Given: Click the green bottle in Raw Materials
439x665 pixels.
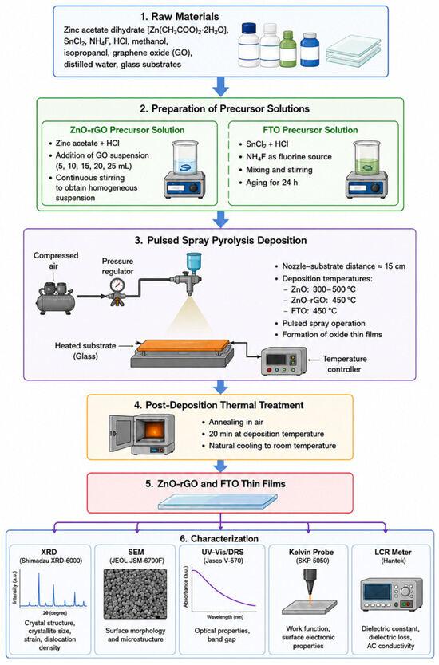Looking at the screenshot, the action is click(x=288, y=49).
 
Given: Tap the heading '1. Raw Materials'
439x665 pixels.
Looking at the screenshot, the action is click(x=180, y=17).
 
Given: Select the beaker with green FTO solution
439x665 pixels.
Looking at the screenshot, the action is click(x=366, y=158).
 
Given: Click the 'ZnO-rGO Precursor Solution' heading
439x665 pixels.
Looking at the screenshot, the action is click(x=128, y=130).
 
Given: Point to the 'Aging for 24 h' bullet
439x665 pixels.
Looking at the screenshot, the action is click(x=271, y=183).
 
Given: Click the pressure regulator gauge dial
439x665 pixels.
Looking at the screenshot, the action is click(x=117, y=285).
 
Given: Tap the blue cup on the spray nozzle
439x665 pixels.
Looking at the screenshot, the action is click(x=194, y=263).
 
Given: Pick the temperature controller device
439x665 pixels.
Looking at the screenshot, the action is click(x=283, y=360).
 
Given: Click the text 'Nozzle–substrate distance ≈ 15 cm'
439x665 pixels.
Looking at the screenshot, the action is click(x=344, y=266).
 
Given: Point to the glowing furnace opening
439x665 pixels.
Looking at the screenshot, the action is click(x=152, y=432).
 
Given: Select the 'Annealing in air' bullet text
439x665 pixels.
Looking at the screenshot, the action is click(x=236, y=422).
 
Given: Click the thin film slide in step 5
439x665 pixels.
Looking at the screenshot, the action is click(x=217, y=501).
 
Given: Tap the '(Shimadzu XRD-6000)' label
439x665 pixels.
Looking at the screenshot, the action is click(x=51, y=561).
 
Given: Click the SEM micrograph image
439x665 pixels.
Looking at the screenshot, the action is click(x=136, y=594).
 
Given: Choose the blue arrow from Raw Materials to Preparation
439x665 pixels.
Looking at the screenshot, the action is click(x=220, y=87).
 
